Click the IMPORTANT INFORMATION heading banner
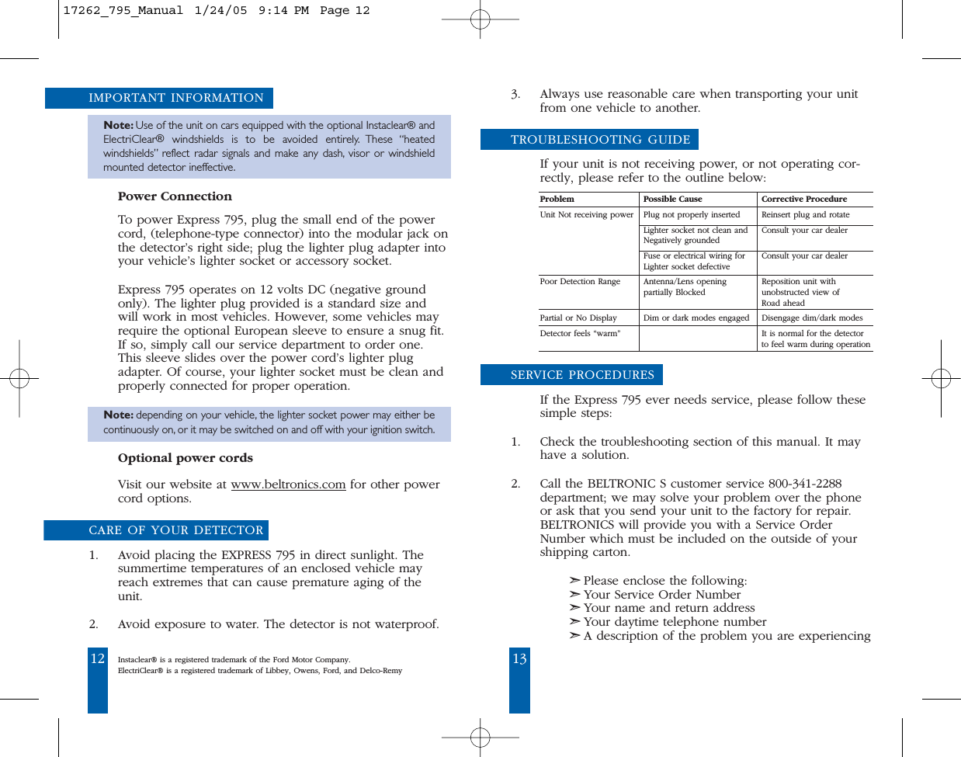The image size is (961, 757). (175, 98)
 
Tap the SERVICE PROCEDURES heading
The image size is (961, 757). (581, 375)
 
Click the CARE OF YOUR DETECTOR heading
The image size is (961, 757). (175, 530)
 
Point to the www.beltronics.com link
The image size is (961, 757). (288, 484)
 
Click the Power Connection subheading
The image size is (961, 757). (175, 196)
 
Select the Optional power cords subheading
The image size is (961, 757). (185, 458)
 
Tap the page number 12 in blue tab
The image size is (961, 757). (98, 658)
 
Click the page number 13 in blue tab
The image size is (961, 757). (519, 658)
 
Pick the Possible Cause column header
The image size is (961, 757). (672, 200)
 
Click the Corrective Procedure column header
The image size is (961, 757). (803, 200)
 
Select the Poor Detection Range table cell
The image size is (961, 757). (580, 282)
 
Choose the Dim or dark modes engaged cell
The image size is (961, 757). (696, 318)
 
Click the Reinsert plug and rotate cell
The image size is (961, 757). (805, 215)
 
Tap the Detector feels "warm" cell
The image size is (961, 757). (580, 334)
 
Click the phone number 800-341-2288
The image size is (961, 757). (804, 484)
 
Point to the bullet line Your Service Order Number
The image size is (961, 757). (661, 595)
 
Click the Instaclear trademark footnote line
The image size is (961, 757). (234, 660)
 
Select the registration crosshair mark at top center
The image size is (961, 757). (480, 19)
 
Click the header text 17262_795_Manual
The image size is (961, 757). (123, 11)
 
